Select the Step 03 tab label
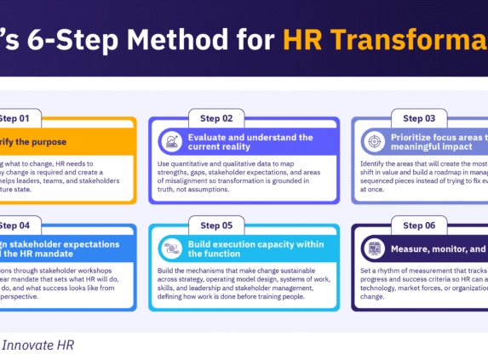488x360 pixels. (418, 117)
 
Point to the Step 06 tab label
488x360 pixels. (418, 226)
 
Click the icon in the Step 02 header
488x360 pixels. (172, 141)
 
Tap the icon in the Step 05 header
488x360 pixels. (172, 249)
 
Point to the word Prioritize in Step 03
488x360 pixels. (416, 136)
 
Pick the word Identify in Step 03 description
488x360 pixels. (376, 162)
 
